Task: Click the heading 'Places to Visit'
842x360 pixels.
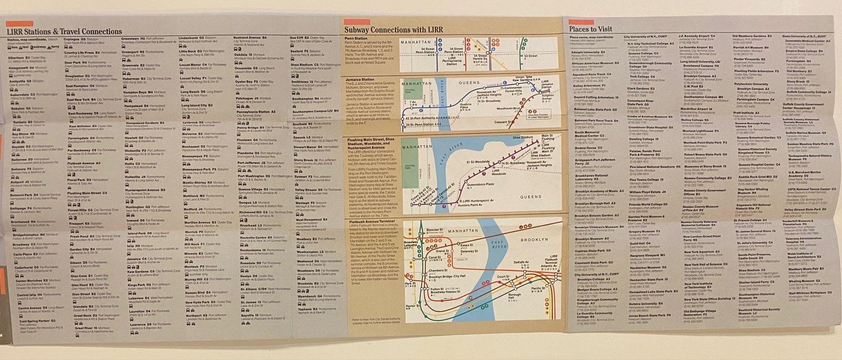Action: coord(591,30)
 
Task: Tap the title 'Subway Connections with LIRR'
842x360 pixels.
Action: coord(394,30)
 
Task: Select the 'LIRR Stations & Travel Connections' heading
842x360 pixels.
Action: coord(64,32)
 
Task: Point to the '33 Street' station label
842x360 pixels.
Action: coord(530,56)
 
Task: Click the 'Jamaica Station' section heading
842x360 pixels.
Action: coord(359,80)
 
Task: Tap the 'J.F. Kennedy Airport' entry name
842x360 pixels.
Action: coord(695,36)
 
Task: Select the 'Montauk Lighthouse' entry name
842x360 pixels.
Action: coord(700,131)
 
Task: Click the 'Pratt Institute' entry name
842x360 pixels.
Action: coord(746,112)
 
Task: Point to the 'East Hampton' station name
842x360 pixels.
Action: coord(77,86)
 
